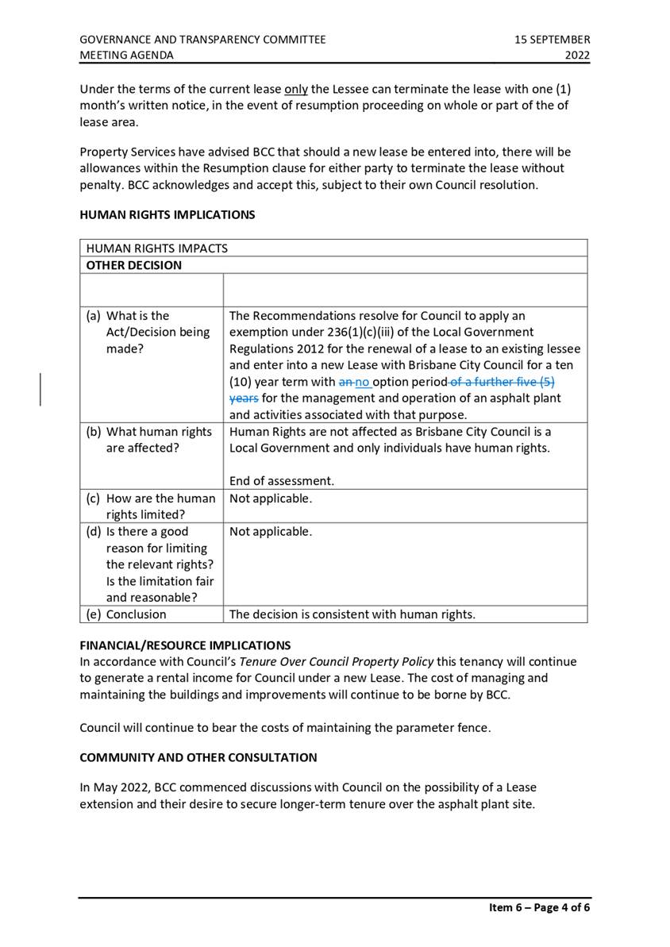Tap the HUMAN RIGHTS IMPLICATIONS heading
[x=167, y=214]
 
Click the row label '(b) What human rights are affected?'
[x=150, y=440]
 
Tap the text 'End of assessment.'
[x=282, y=481]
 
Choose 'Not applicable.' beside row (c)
[x=271, y=499]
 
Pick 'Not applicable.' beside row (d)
[x=271, y=532]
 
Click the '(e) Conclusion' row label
[x=127, y=614]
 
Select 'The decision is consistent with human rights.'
[x=352, y=614]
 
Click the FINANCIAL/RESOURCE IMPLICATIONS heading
[x=185, y=645]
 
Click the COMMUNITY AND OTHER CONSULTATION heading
[x=198, y=757]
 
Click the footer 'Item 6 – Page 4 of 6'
[x=539, y=907]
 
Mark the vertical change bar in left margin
[x=41, y=390]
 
